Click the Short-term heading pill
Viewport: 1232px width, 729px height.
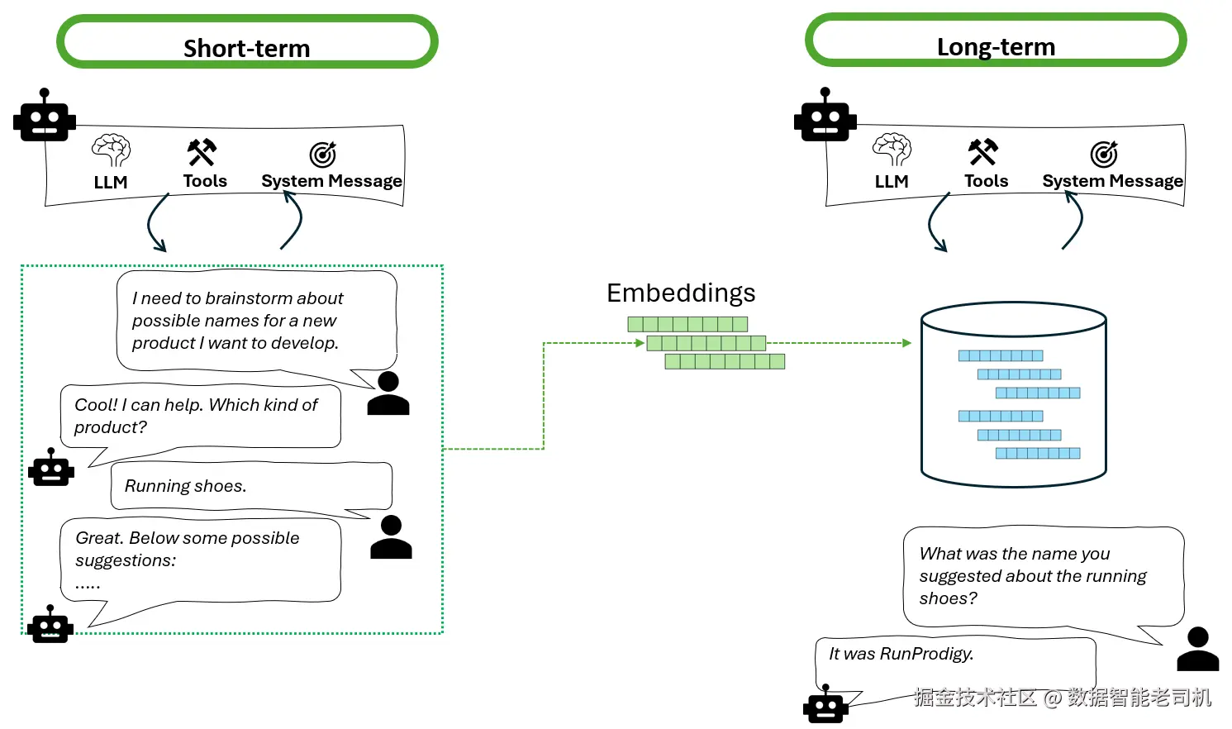246,42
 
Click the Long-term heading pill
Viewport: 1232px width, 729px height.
996,40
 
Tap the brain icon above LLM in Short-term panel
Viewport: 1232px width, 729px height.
111,150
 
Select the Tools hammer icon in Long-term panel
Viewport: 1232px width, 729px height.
983,151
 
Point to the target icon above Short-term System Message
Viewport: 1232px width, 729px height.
323,154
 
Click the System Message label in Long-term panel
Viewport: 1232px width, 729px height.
1112,181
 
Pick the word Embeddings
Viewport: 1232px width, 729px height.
681,293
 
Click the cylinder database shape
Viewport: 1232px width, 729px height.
1013,395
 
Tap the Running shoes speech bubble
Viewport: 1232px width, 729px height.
251,486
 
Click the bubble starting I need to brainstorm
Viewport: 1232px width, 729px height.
256,321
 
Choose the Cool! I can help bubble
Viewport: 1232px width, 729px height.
200,417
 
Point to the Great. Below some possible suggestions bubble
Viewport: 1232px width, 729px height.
200,560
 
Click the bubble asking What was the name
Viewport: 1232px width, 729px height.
1043,576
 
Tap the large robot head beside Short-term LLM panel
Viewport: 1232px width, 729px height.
45,117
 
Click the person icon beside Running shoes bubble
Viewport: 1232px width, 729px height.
391,537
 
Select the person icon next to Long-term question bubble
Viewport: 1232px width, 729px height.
1198,649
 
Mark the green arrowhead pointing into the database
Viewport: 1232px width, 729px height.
906,343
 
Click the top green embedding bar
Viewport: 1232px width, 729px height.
687,324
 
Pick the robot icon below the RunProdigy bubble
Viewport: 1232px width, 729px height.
825,707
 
